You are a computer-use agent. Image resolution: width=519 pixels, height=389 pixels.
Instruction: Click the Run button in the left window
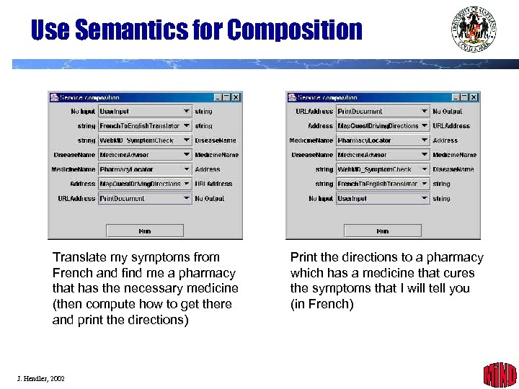pyautogui.click(x=144, y=231)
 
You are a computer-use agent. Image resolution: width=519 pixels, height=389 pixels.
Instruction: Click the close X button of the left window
pyautogui.click(x=236, y=97)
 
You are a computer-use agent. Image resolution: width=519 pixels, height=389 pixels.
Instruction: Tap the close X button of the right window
pyautogui.click(x=474, y=97)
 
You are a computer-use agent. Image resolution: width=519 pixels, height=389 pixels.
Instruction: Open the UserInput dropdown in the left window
pyautogui.click(x=145, y=112)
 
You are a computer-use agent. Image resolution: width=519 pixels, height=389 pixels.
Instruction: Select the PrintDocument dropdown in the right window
pyautogui.click(x=383, y=112)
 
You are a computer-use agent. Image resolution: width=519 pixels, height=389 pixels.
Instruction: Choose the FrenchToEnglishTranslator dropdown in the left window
pyautogui.click(x=145, y=126)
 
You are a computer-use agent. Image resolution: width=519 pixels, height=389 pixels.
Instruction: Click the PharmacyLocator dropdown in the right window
pyautogui.click(x=383, y=140)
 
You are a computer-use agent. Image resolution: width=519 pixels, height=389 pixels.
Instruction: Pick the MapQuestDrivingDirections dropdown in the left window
pyautogui.click(x=145, y=184)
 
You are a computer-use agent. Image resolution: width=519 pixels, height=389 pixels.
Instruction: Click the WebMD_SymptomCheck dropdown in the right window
pyautogui.click(x=383, y=169)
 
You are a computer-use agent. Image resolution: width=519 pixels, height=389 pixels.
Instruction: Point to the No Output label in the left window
pyautogui.click(x=210, y=198)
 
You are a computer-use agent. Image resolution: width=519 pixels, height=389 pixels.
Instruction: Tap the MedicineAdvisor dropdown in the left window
pyautogui.click(x=145, y=155)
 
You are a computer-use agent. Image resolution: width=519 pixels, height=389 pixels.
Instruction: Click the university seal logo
pyautogui.click(x=474, y=31)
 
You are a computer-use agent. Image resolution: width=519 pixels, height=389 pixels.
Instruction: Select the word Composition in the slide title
pyautogui.click(x=293, y=30)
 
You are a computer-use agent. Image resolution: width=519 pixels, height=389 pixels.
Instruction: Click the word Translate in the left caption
pyautogui.click(x=79, y=257)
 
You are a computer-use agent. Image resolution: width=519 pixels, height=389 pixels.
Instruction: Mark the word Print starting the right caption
pyautogui.click(x=303, y=257)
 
